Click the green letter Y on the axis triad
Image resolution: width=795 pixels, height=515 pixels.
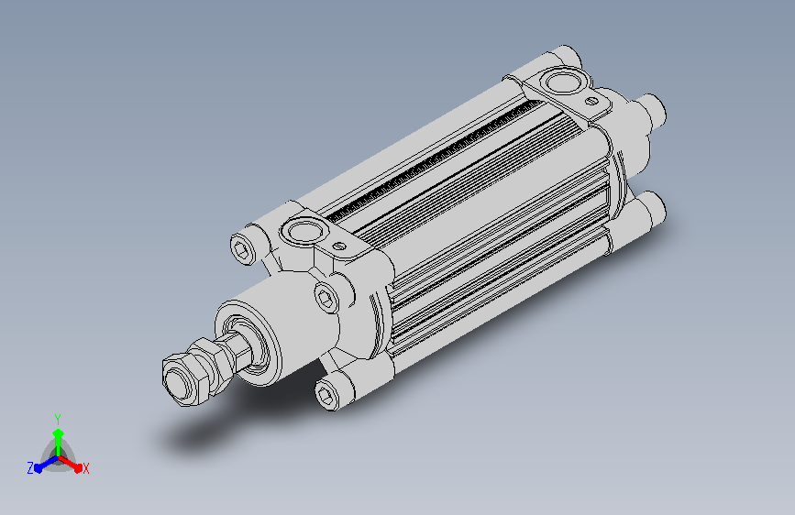pos(58,419)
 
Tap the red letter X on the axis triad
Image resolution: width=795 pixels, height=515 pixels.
pos(85,469)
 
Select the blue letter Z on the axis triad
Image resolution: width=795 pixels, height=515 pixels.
pos(30,468)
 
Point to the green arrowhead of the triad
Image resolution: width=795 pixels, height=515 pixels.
pos(59,434)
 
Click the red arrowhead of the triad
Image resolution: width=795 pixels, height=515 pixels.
pos(78,468)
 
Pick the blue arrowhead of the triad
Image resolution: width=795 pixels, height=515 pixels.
pos(38,468)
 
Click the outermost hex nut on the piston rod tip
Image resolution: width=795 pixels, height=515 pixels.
pos(183,378)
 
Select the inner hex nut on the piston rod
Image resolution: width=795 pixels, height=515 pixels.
pos(212,364)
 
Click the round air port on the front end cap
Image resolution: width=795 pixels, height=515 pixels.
pos(304,231)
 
